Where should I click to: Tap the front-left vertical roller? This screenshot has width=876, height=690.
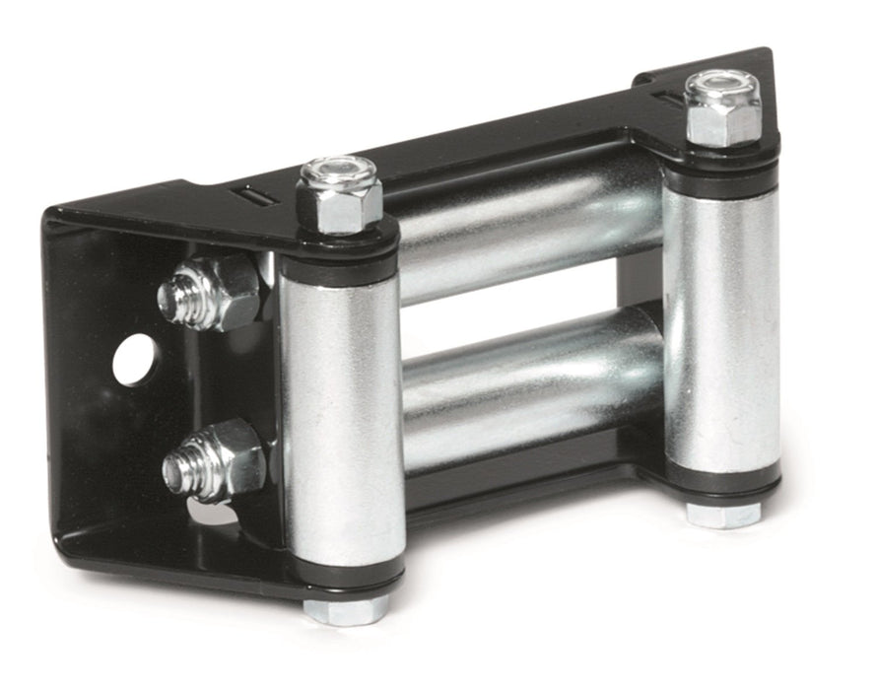pyautogui.click(x=341, y=414)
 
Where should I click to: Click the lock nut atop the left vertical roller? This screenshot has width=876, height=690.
pyautogui.click(x=340, y=197)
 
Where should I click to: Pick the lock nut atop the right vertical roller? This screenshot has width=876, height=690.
pyautogui.click(x=721, y=110)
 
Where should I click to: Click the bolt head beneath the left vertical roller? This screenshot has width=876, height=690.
pyautogui.click(x=346, y=609)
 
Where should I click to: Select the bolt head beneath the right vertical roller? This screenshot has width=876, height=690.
pyautogui.click(x=723, y=514)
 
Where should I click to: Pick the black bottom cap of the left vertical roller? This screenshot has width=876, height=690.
pyautogui.click(x=345, y=577)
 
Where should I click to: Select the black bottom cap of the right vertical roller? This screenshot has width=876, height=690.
pyautogui.click(x=723, y=483)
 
